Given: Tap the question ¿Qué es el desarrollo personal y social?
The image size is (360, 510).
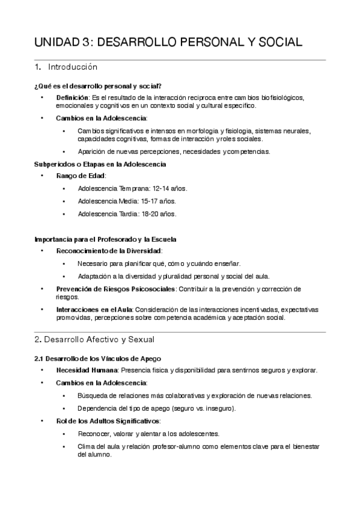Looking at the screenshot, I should click(97, 86).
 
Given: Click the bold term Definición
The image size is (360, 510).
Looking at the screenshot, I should click(72, 97).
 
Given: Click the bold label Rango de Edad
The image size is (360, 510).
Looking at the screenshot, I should click(81, 175).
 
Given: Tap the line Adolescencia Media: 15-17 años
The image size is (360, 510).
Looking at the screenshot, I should click(127, 201).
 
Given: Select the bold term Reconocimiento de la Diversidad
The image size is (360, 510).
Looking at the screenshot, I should click(109, 250).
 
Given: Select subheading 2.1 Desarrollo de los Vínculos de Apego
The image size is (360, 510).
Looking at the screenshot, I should click(98, 358).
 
